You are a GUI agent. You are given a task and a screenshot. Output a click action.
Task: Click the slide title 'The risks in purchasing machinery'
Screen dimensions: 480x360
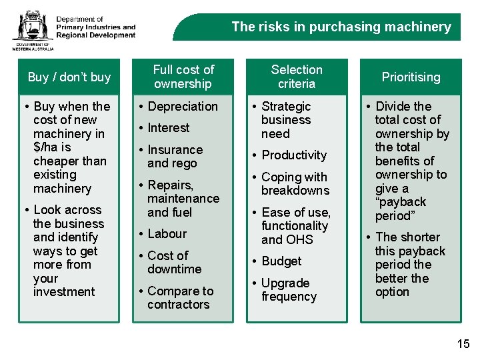tap(341, 27)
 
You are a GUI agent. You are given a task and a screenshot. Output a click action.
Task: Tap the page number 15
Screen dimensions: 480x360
tap(463, 344)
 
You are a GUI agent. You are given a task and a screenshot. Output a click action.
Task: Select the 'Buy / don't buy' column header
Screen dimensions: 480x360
tap(69, 77)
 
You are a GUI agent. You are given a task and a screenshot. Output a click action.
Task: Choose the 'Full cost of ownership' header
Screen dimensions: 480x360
tap(183, 77)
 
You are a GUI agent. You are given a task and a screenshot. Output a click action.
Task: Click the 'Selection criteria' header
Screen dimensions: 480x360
tap(297, 77)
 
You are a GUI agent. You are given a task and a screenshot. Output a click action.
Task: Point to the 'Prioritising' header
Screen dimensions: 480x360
tap(411, 77)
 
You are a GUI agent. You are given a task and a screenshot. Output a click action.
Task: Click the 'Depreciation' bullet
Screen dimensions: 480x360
tap(183, 107)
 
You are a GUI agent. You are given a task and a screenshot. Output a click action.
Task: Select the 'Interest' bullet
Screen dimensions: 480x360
tap(169, 128)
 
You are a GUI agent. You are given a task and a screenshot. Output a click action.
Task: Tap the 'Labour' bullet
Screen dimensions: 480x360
tap(167, 234)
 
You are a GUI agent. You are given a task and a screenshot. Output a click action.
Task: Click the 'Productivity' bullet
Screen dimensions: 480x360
tap(294, 155)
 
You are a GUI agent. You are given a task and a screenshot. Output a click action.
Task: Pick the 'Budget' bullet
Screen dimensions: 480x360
tap(281, 261)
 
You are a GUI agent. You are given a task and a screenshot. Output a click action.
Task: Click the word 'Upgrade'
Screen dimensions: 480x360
tap(285, 283)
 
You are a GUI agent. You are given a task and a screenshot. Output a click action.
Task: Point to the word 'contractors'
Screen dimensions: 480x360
tap(179, 305)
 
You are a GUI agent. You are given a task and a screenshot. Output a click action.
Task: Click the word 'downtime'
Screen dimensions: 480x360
tap(175, 269)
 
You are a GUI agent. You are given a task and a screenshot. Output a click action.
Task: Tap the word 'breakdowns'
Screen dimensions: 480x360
tap(295, 191)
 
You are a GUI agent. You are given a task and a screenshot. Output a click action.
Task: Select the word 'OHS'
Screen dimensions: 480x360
tap(300, 240)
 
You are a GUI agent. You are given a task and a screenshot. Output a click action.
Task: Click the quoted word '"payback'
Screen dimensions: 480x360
tap(401, 202)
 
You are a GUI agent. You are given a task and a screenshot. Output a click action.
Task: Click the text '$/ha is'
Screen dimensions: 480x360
tap(52, 147)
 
